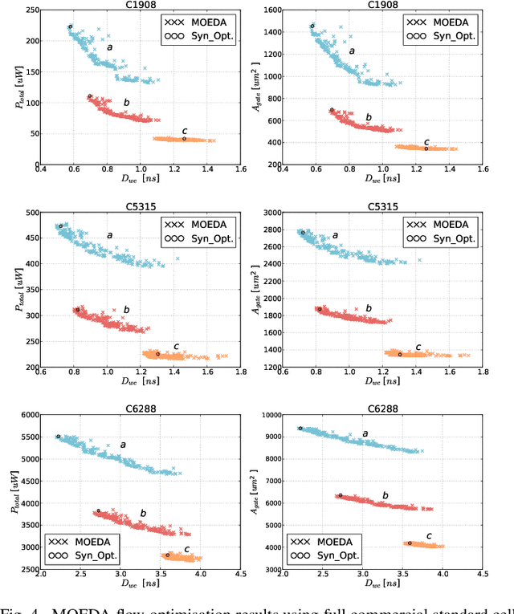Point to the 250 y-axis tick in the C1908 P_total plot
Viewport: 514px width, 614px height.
(x=30, y=10)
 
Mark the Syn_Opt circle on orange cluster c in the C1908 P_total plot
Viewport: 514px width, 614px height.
(x=184, y=139)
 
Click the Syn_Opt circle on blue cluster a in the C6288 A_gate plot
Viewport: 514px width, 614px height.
(x=300, y=429)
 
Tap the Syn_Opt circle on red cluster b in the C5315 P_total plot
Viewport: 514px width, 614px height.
(x=78, y=310)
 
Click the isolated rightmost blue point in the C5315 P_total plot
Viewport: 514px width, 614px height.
(x=177, y=258)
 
